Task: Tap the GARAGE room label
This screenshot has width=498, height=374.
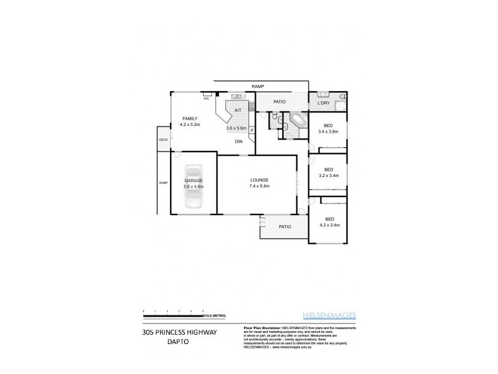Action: tap(193, 180)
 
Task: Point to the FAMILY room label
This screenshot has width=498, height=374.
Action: tap(189, 118)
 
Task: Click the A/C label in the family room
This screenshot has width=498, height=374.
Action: tap(206, 98)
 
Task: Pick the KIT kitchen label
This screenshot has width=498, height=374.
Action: tap(238, 110)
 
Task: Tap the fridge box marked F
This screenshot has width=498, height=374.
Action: tap(251, 130)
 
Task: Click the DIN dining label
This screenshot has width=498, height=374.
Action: tap(238, 141)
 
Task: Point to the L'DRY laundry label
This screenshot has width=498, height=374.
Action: tap(323, 102)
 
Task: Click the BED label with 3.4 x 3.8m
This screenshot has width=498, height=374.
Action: tap(328, 125)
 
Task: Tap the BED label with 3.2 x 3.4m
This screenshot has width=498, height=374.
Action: tap(328, 170)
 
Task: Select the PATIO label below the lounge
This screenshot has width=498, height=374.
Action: tap(285, 227)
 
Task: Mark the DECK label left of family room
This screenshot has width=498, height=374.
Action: tap(163, 140)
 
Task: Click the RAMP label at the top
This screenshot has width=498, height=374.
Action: tap(258, 85)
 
